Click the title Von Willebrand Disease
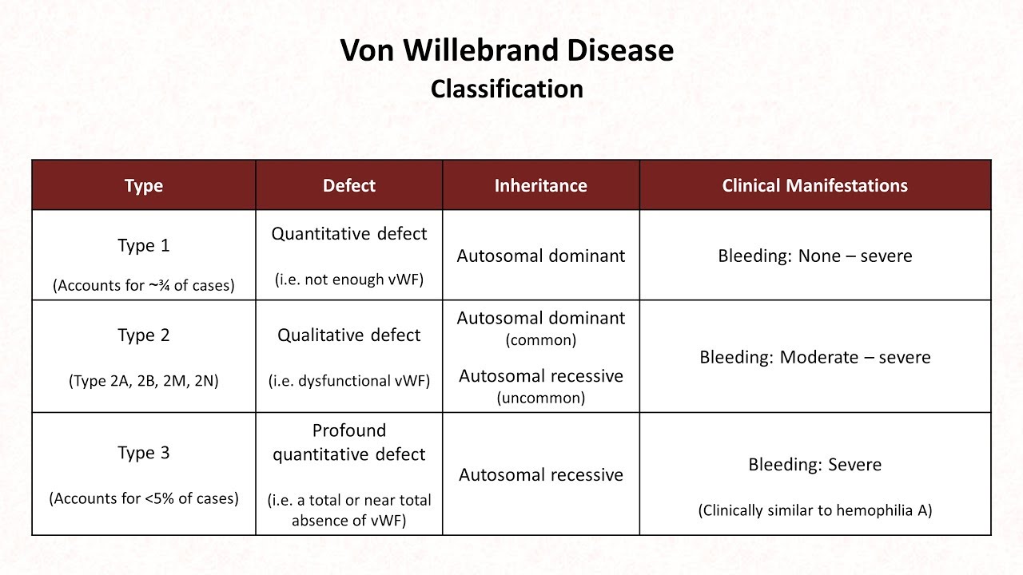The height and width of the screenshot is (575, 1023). [x=507, y=50]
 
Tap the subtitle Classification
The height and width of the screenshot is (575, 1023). [x=507, y=89]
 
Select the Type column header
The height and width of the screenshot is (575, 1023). [x=144, y=186]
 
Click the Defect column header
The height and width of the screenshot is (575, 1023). [x=349, y=185]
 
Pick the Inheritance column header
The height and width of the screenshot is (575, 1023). [x=541, y=185]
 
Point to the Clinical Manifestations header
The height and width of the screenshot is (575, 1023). [x=814, y=185]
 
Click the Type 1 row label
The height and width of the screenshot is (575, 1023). [x=144, y=245]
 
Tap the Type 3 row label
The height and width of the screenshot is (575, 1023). [x=144, y=453]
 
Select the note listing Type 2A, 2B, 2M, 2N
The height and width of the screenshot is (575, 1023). [x=144, y=381]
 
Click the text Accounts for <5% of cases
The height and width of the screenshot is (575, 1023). [x=144, y=498]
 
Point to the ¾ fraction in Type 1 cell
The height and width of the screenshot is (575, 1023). [x=164, y=285]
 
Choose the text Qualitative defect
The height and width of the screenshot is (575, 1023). [x=349, y=335]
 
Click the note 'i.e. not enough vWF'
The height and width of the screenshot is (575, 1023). [x=349, y=280]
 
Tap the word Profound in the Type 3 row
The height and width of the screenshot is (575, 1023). [x=349, y=430]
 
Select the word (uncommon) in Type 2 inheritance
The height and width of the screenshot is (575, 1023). [x=541, y=398]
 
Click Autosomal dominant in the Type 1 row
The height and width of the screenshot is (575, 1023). [x=541, y=256]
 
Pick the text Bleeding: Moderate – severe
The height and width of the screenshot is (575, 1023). [x=814, y=357]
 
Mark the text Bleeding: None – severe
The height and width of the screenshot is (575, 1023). [x=814, y=256]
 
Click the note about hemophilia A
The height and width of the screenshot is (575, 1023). [x=814, y=510]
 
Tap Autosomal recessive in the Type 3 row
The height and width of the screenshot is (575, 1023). [x=541, y=475]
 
